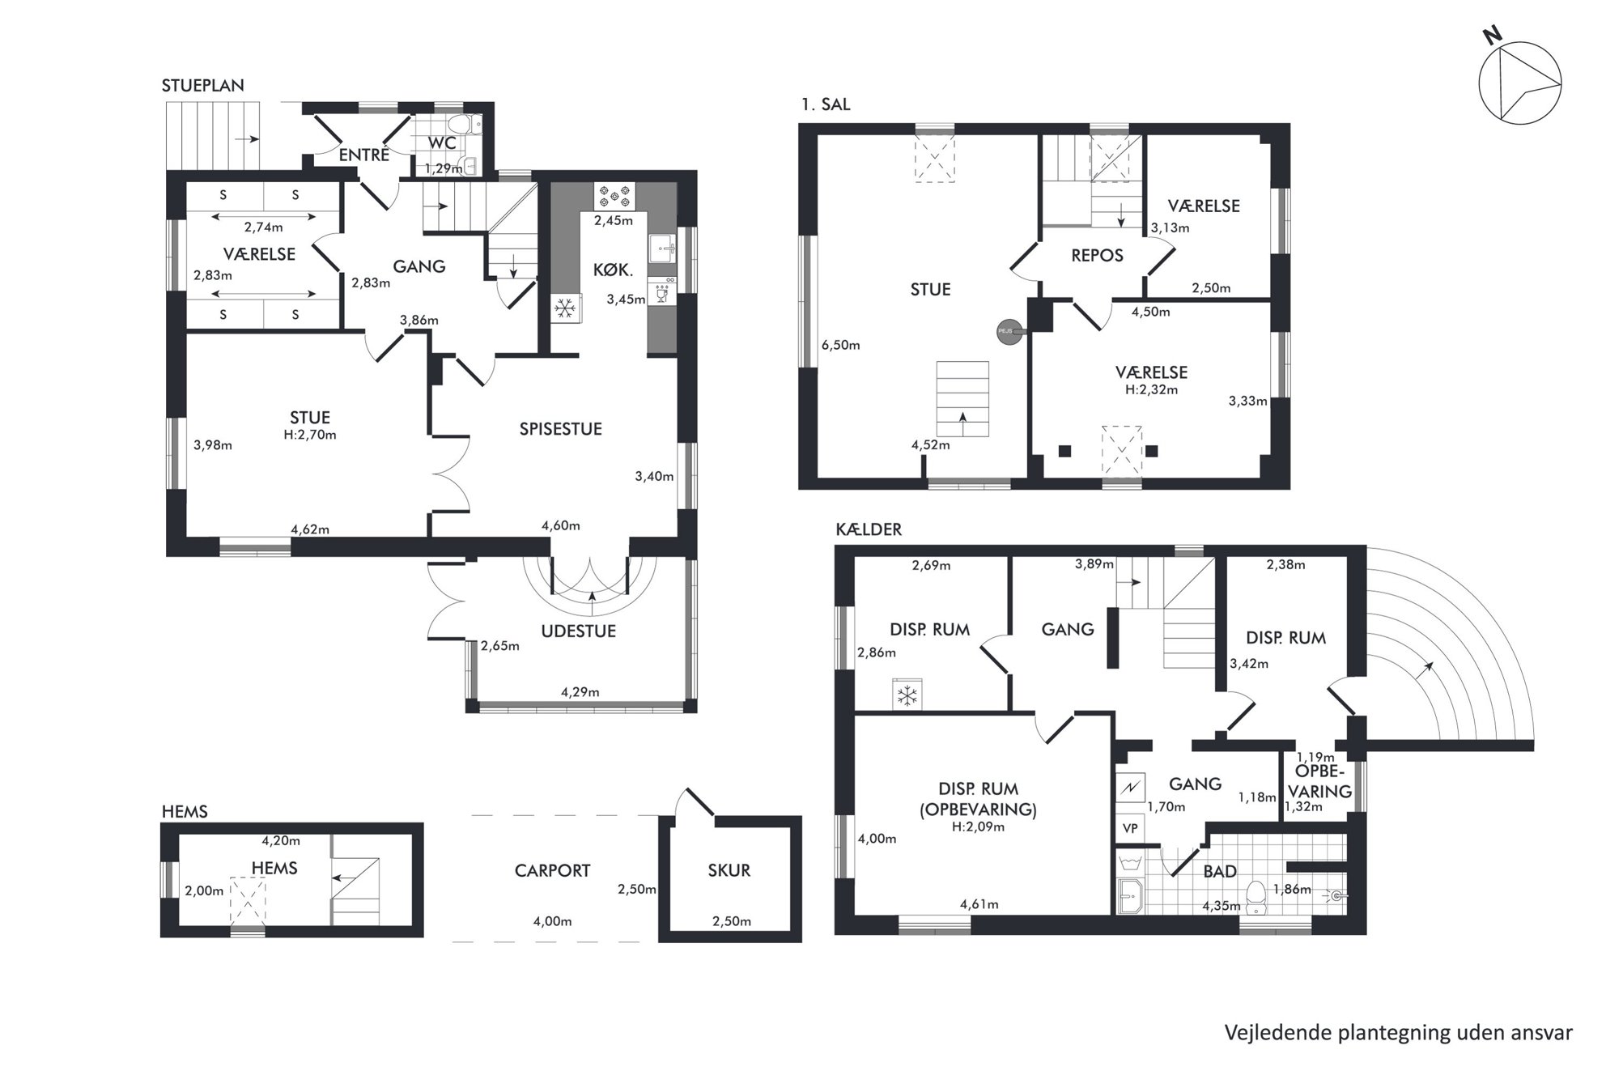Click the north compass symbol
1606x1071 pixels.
coord(1519,83)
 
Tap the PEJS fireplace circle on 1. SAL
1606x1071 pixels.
coord(1009,331)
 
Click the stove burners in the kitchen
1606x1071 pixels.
coord(615,195)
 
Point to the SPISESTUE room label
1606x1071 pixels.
coord(560,429)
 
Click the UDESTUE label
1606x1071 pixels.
coord(578,631)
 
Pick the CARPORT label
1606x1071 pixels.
coord(552,870)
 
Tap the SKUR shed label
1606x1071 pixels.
coord(729,870)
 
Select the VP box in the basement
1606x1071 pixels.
coord(1130,828)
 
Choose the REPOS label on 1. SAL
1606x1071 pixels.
coord(1097,256)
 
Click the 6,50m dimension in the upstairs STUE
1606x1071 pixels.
coord(840,345)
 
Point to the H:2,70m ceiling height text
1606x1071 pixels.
coord(310,435)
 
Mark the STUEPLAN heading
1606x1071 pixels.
coord(202,86)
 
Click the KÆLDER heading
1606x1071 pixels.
coord(869,529)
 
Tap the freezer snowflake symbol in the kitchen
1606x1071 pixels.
coord(565,308)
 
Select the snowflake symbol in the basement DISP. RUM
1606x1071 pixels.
coord(907,695)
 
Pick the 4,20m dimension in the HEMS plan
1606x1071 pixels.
coord(281,841)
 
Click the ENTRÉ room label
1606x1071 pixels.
coord(363,155)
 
